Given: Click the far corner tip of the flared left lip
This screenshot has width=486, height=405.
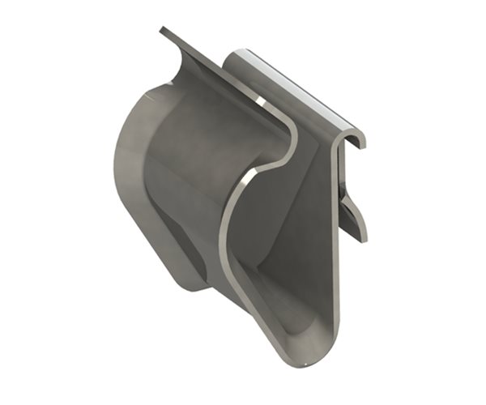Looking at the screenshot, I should [161, 30].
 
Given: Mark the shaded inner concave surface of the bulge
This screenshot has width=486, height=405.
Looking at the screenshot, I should [194, 162].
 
